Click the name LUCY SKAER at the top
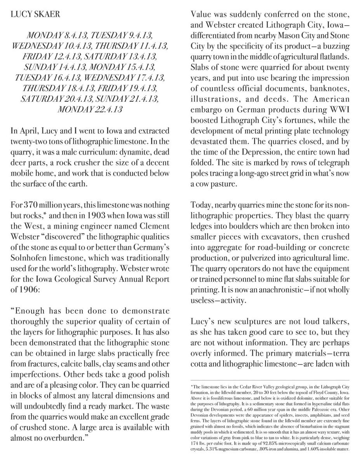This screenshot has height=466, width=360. point(35,15)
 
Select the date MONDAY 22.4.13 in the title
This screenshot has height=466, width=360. point(90,110)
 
